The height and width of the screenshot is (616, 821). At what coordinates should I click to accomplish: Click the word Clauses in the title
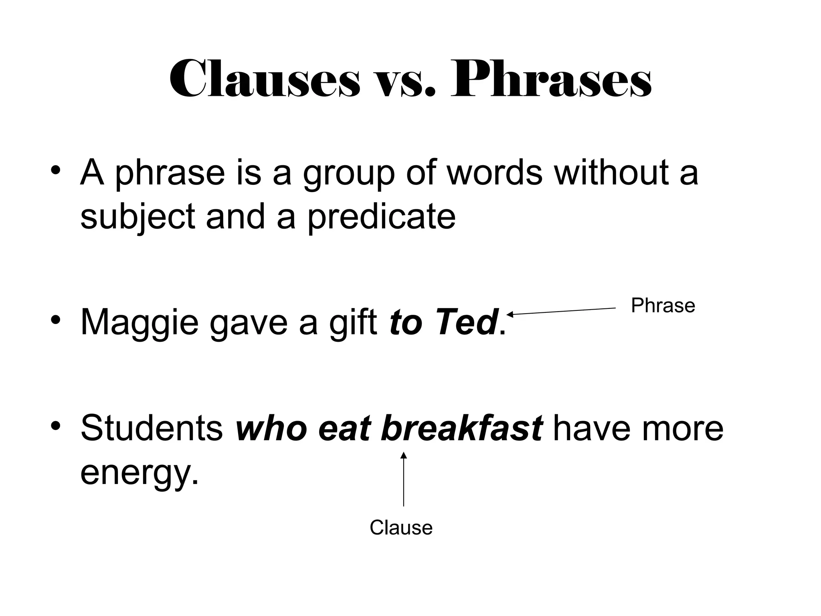(265, 79)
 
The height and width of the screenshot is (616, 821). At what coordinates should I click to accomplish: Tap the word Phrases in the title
(551, 79)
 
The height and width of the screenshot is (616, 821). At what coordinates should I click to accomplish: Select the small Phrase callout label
(663, 306)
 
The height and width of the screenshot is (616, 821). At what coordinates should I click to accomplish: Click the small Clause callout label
(401, 527)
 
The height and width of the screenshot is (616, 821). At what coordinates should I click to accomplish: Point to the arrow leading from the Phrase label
(561, 311)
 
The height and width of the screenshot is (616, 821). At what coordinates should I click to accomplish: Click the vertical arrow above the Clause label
(404, 479)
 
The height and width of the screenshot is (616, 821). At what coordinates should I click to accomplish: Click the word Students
(152, 428)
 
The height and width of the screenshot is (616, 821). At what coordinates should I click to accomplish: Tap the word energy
(139, 472)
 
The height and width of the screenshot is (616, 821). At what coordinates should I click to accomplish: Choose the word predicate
(381, 217)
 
